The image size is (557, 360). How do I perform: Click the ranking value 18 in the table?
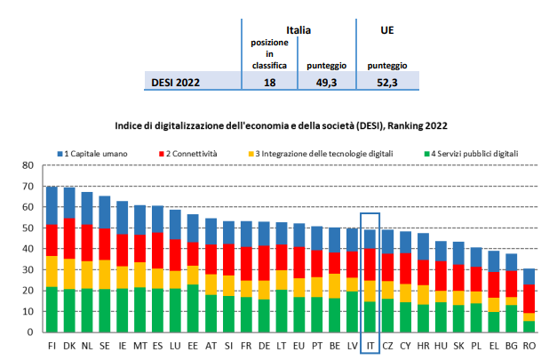268,82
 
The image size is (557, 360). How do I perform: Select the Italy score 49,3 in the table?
322,82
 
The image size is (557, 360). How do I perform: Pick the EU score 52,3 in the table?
386,82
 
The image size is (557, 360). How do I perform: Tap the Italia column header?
298,29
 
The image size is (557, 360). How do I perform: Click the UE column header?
387,29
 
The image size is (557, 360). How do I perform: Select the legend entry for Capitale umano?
97,153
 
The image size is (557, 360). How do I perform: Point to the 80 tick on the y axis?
27,165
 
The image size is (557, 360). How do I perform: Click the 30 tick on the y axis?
27,269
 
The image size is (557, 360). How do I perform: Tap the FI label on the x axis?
52,343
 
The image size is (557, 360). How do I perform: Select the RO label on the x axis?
529,343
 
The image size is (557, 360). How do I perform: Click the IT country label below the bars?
370,343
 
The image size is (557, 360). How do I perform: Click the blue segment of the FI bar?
52,205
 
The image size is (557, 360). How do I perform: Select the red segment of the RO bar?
529,298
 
